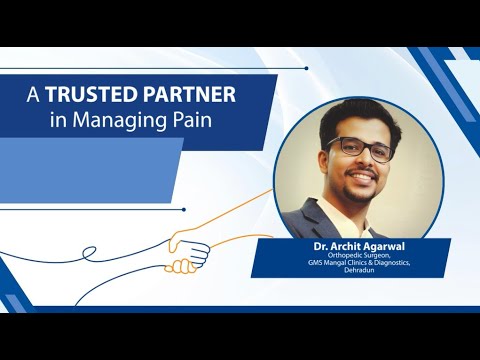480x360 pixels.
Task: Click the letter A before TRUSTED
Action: [32, 96]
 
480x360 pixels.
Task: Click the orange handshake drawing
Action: [187, 249]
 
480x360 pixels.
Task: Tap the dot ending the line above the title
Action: [306, 68]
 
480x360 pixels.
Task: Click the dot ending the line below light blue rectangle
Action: [183, 209]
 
